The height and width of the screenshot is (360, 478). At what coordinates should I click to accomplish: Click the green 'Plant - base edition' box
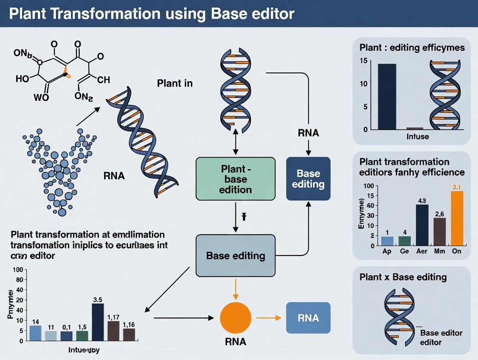[236, 178]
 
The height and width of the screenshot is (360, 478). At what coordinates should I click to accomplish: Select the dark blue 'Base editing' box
[308, 179]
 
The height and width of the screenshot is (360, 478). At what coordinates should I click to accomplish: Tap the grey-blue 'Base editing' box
[236, 255]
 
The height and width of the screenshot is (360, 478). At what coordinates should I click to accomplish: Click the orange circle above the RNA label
[236, 318]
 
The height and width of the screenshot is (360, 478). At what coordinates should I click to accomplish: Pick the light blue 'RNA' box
[308, 318]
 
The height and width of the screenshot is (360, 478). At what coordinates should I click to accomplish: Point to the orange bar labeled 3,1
[457, 218]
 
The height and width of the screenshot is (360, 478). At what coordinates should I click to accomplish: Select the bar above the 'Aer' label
[422, 225]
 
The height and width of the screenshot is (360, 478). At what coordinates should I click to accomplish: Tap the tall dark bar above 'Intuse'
[387, 96]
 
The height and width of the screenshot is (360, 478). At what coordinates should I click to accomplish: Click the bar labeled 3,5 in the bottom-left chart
[97, 322]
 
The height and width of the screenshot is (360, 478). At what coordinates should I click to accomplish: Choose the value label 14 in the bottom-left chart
[36, 321]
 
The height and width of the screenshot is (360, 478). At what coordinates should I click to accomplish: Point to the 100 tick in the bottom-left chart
[17, 270]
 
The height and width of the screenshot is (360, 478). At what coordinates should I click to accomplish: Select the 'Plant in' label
[174, 83]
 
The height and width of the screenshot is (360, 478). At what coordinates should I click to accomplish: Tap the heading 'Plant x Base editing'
[403, 277]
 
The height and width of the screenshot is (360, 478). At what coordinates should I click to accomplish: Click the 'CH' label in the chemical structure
[104, 80]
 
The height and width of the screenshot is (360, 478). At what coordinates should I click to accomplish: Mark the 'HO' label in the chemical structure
[22, 79]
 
